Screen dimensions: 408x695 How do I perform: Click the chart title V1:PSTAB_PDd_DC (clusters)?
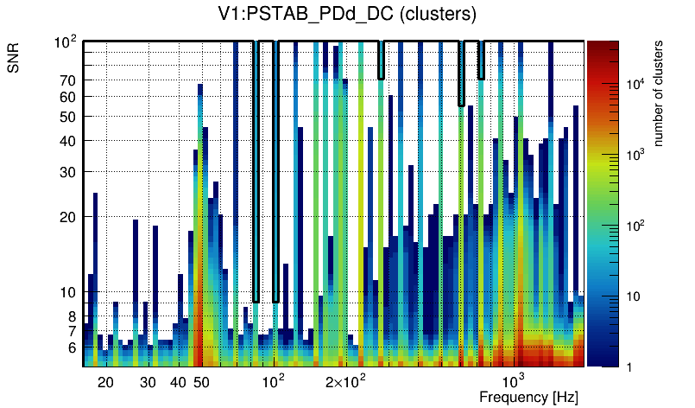click(347, 14)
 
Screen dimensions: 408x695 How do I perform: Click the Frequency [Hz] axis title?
click(528, 397)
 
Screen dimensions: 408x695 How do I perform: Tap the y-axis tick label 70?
click(68, 80)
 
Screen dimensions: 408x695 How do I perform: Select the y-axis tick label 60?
click(68, 98)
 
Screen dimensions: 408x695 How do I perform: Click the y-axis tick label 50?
click(68, 117)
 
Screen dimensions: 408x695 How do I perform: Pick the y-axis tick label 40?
click(68, 141)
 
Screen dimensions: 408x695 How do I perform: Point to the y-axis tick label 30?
click(68, 172)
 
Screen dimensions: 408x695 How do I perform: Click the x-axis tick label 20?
click(105, 382)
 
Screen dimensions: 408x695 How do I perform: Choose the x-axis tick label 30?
click(148, 382)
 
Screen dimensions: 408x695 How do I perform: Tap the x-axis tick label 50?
click(201, 382)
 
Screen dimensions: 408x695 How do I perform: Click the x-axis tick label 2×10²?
click(345, 381)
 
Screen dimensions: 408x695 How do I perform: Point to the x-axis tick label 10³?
click(514, 381)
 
